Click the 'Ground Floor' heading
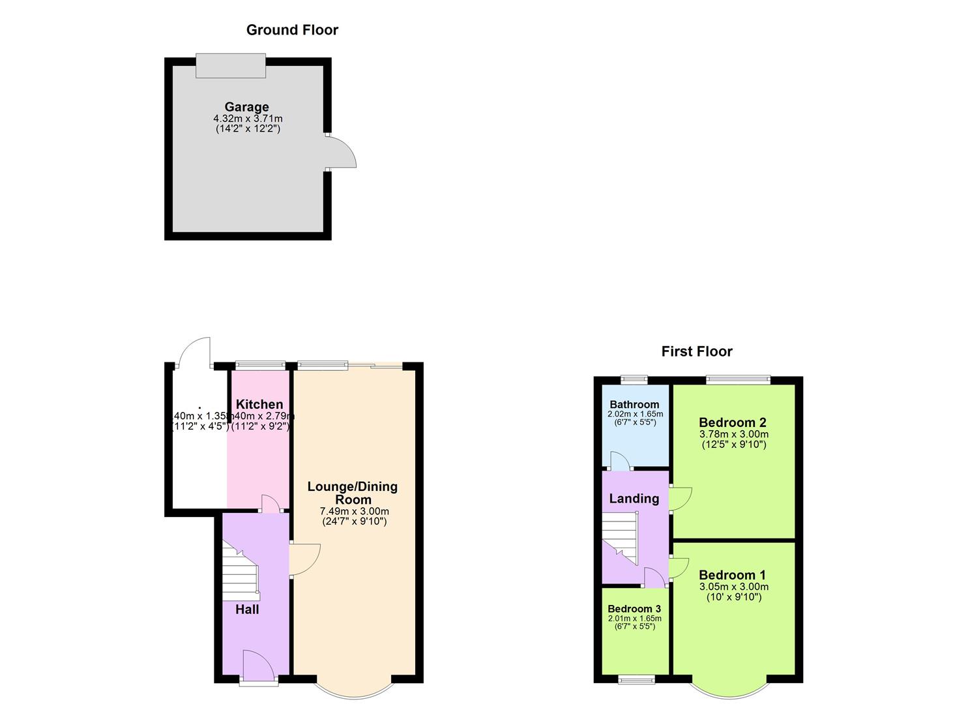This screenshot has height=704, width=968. point(292,30)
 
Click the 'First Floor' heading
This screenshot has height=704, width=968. point(697,352)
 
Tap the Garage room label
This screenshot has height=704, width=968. point(246,107)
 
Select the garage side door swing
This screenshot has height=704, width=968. point(342,153)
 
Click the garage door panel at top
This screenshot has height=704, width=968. point(231,66)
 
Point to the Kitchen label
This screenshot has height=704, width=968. point(259,404)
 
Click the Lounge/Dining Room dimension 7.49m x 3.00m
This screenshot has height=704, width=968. point(354,511)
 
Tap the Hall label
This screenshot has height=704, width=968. point(247,609)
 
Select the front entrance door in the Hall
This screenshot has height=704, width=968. point(258,665)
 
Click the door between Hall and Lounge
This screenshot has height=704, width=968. point(304,559)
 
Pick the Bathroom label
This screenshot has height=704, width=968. point(634,405)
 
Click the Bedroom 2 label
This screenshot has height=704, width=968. point(732,422)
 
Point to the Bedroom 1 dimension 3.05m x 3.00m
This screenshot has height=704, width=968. point(733,587)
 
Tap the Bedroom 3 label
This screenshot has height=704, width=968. point(634,609)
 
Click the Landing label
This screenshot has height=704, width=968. point(634,499)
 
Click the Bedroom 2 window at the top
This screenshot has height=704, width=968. point(738,379)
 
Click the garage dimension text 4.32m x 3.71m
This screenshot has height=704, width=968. point(248,119)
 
